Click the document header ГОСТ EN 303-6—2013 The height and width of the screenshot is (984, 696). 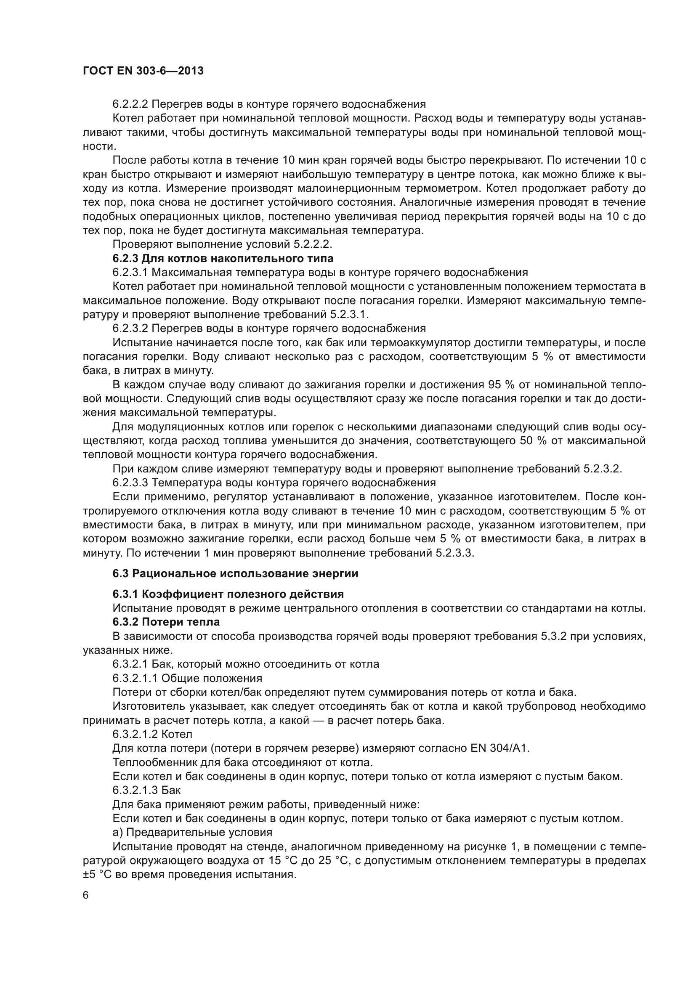(143, 71)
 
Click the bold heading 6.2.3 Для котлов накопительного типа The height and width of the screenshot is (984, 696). (223, 258)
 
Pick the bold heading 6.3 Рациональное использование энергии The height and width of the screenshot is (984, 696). (235, 573)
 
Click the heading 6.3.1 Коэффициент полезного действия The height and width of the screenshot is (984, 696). (228, 594)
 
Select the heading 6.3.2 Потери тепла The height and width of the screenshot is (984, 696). (166, 622)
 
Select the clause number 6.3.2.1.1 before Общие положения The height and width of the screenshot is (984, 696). (134, 679)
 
